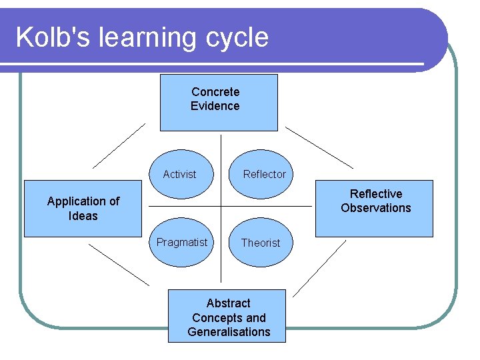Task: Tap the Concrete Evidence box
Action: (218, 102)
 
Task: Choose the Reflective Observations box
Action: (374, 208)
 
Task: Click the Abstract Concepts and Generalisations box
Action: (227, 316)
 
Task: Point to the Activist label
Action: (180, 174)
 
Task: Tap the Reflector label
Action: (264, 174)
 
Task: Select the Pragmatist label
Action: (182, 242)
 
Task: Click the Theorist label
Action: (261, 243)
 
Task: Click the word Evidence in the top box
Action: (215, 106)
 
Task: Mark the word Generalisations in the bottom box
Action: (229, 331)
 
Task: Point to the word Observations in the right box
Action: (376, 208)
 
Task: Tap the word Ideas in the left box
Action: (83, 216)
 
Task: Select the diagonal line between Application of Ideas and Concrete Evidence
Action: (118, 145)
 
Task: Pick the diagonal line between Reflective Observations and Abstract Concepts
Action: (320, 267)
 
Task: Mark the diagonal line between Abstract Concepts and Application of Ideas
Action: (119, 265)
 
